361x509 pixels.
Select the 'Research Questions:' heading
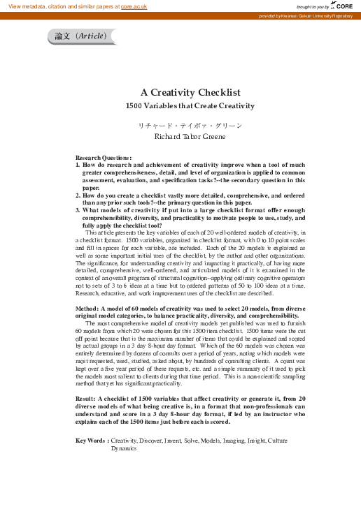tap(104, 158)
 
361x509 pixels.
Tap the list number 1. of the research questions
tap(78, 165)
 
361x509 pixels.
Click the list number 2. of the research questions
tap(78, 196)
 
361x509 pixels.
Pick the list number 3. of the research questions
tap(78, 209)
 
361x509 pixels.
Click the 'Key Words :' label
tap(92, 441)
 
